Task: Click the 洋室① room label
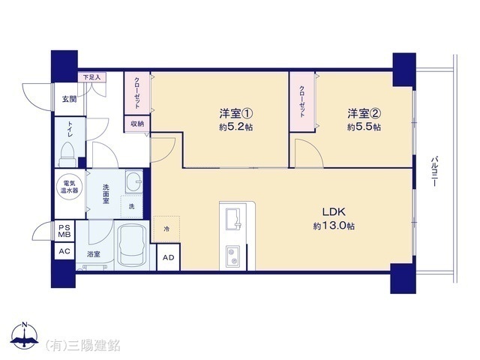click(235, 114)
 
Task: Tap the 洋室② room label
click(364, 114)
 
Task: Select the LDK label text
click(334, 211)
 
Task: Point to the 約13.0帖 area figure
click(334, 226)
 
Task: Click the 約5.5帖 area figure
click(364, 128)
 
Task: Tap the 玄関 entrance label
click(69, 98)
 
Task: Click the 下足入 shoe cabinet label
click(92, 76)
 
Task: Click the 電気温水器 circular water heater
click(68, 186)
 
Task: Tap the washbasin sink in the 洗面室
click(133, 183)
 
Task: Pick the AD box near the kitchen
click(169, 258)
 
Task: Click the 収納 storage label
click(137, 124)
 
